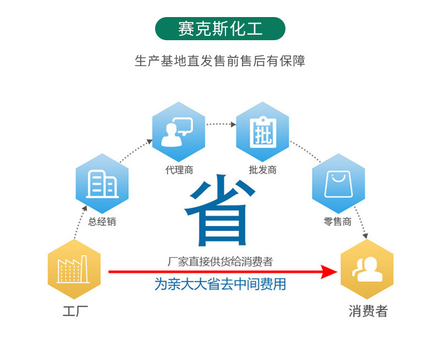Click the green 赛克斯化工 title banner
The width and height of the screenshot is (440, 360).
[220, 28]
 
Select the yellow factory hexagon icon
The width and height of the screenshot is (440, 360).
[74, 269]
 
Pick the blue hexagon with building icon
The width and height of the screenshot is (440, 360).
[102, 184]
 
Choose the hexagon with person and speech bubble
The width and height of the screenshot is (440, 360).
[178, 131]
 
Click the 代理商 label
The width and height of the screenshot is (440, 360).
[179, 170]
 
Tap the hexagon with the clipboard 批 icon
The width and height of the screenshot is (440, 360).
[262, 131]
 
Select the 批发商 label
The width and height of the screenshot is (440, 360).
[262, 170]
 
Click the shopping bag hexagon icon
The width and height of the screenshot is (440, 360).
[338, 184]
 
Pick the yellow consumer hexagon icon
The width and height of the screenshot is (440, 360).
[367, 269]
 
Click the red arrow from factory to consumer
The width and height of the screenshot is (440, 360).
[220, 271]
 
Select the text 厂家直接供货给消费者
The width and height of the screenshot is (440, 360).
[220, 262]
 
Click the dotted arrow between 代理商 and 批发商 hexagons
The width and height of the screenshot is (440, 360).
[221, 124]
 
